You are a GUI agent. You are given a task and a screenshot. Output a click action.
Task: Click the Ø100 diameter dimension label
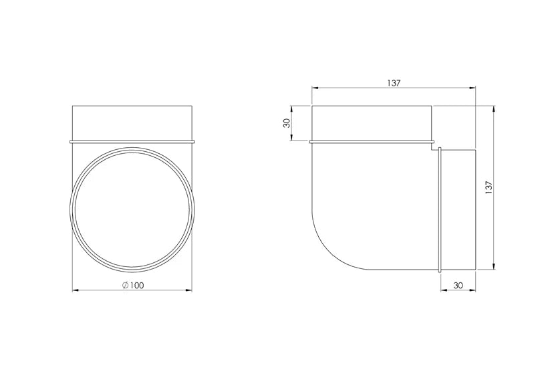pyautogui.click(x=133, y=285)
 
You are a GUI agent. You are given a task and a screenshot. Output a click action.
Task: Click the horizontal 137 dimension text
pyautogui.click(x=394, y=83)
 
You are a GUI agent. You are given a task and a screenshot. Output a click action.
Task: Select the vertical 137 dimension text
pyautogui.click(x=489, y=188)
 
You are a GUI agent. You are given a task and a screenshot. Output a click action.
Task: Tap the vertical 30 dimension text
pyautogui.click(x=287, y=123)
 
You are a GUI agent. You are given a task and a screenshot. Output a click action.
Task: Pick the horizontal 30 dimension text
pyautogui.click(x=458, y=285)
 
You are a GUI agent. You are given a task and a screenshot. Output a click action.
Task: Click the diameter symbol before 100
pyautogui.click(x=126, y=285)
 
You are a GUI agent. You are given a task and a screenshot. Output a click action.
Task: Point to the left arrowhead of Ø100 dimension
pyautogui.click(x=76, y=290)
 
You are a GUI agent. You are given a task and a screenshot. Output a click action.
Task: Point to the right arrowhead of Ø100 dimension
pyautogui.click(x=188, y=290)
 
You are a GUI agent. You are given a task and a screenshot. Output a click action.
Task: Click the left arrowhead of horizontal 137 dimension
pyautogui.click(x=315, y=88)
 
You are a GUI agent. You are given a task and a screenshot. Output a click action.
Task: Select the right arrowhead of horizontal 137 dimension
pyautogui.click(x=472, y=88)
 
